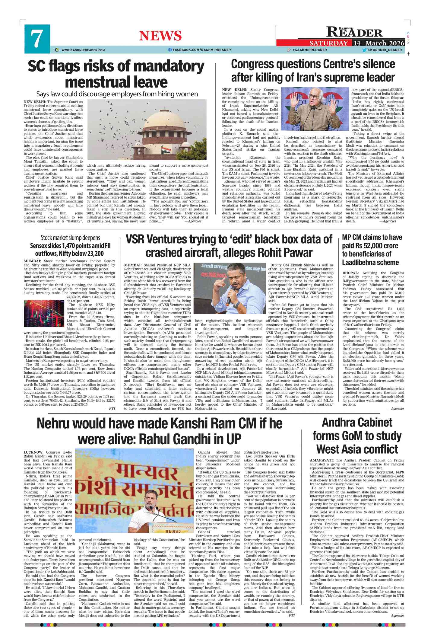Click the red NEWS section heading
pos(160,36)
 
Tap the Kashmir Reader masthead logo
pos(354,32)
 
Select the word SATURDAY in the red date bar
pos(329,43)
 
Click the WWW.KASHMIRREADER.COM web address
pos(83,50)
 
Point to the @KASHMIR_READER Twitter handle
pos(384,50)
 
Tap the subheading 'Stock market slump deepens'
pos(70,238)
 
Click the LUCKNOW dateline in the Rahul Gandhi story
pos(33,452)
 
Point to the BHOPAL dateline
pos(350,273)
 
